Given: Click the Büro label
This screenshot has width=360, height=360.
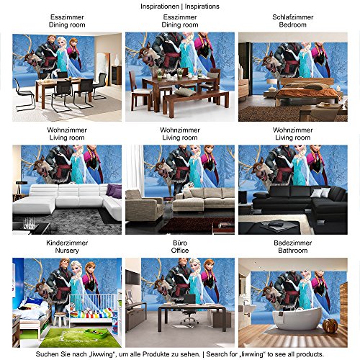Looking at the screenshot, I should (180, 244).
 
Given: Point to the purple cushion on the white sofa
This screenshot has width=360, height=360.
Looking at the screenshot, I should (112, 190).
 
